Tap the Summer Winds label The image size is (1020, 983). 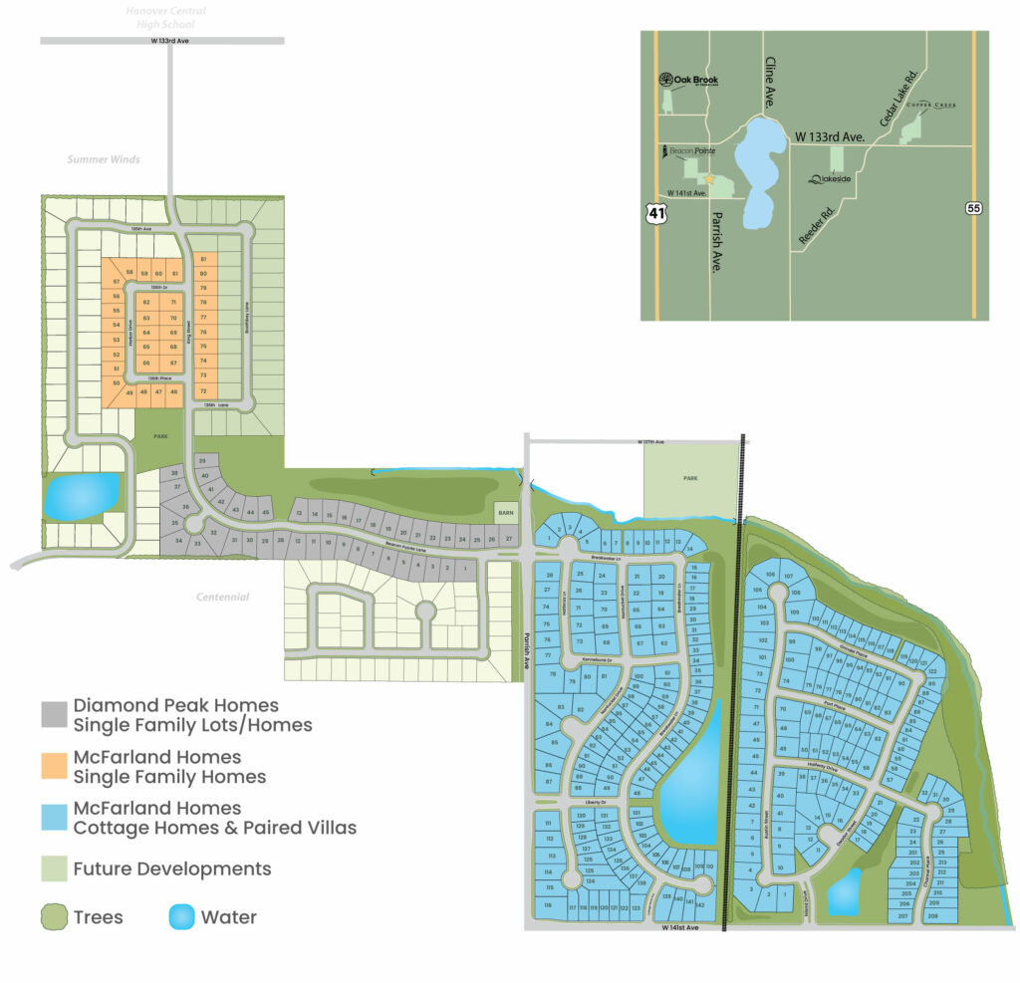click(x=104, y=159)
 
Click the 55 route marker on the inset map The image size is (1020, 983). click(x=973, y=207)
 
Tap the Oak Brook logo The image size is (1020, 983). click(x=689, y=81)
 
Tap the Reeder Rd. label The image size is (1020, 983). click(x=815, y=227)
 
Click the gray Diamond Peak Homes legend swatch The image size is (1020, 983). click(x=54, y=713)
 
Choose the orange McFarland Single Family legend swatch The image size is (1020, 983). click(x=54, y=765)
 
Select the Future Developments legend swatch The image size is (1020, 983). click(x=54, y=868)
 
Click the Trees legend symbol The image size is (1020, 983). click(x=54, y=917)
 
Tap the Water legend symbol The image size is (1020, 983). click(x=181, y=917)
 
